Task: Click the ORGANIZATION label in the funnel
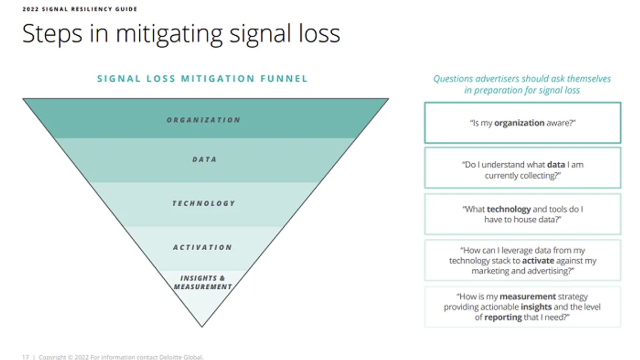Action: pos(203,120)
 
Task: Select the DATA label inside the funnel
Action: pos(204,159)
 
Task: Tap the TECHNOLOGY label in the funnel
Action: pos(203,203)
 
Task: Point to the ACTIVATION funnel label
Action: pos(203,247)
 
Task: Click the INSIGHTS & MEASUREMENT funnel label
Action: pos(203,282)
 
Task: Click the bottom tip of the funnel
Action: pos(202,326)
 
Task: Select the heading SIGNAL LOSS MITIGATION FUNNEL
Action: pos(202,78)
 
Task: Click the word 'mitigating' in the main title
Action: pos(169,34)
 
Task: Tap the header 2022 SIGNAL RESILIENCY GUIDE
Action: pos(79,9)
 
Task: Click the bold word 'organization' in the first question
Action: pos(519,123)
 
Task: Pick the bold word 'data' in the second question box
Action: pos(556,165)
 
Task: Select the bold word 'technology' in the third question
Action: pos(509,210)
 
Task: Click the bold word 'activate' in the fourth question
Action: pos(538,261)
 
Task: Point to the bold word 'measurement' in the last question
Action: pos(527,297)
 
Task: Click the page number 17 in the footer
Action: pos(26,357)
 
